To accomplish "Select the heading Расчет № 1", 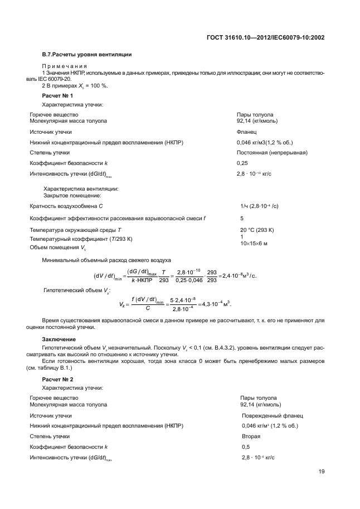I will click(x=57, y=96).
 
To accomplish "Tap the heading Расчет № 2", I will click(x=57, y=379).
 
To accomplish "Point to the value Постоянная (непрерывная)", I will click(x=273, y=152).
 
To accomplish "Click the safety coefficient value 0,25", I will click(x=242, y=162).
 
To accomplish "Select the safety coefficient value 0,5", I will click(x=246, y=447).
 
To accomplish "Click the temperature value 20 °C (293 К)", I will click(x=257, y=230).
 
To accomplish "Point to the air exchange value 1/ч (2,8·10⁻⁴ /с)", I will click(x=259, y=206).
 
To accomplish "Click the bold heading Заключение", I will click(x=59, y=339).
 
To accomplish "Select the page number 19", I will click(x=322, y=472).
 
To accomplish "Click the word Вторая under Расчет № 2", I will click(x=251, y=436).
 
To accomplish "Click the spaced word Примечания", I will click(x=62, y=66).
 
